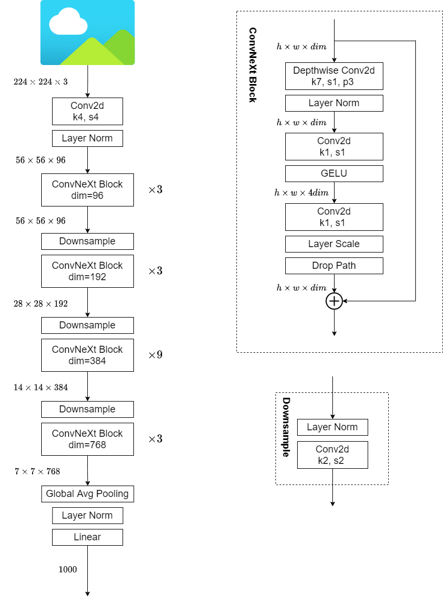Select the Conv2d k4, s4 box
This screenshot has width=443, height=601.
click(x=87, y=112)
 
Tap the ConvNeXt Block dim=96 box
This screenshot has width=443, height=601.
click(x=87, y=190)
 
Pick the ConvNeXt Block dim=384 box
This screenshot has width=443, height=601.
click(x=87, y=355)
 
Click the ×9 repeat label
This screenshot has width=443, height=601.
click(x=156, y=356)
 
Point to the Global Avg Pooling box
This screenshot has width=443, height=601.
click(x=87, y=494)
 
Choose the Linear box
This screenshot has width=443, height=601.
click(x=87, y=537)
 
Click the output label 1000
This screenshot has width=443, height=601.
click(x=68, y=570)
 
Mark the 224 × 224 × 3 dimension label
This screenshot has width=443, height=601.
click(x=41, y=82)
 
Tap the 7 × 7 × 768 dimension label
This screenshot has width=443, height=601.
click(x=37, y=471)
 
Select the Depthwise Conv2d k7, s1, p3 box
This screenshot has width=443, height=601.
click(x=334, y=76)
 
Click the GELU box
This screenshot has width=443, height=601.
click(x=334, y=173)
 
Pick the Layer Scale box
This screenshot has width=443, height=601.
click(x=334, y=244)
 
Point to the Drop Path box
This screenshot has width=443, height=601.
click(x=334, y=266)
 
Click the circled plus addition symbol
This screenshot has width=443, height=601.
click(x=334, y=301)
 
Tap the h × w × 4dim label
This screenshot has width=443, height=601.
click(x=301, y=193)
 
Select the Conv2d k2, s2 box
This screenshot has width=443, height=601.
click(x=332, y=455)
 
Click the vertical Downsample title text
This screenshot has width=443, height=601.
click(x=286, y=427)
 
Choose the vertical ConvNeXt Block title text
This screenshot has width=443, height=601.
click(x=252, y=65)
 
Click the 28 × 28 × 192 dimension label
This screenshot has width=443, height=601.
click(x=41, y=304)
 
